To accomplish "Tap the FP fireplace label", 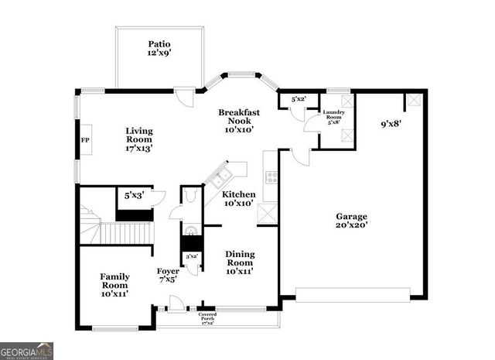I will tap(85, 141).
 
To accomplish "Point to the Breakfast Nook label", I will tap(238, 122).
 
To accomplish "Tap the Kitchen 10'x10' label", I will tap(239, 199).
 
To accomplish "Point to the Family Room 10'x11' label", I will tap(114, 285).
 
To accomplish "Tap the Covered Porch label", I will tap(207, 317).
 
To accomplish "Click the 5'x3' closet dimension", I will tap(135, 196).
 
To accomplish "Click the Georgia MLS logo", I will tap(27, 350).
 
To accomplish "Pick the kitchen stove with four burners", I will tap(271, 177).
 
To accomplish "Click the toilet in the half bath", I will tap(190, 230).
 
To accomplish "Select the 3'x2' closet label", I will tap(191, 255).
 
